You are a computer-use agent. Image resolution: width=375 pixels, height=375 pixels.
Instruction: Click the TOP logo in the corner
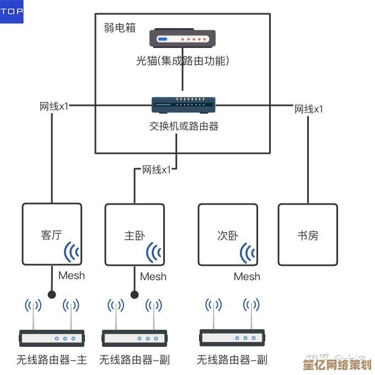coord(12,12)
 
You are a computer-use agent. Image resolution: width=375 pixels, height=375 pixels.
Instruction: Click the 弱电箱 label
coord(120,28)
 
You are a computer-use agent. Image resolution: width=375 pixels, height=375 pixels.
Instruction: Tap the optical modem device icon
coord(183,39)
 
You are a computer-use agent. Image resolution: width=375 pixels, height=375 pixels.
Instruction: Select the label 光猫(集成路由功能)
coord(183,61)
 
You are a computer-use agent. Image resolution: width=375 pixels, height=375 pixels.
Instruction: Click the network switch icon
coord(183,104)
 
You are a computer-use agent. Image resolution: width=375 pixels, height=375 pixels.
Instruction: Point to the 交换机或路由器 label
coord(184,126)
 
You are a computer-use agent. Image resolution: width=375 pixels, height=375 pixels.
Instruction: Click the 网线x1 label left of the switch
coord(54,106)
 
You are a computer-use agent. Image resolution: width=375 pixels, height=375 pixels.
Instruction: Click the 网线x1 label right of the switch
coord(309,109)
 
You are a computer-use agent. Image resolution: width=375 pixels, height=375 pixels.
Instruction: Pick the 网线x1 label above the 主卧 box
coord(157,169)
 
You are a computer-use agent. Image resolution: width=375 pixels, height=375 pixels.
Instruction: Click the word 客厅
coord(51,235)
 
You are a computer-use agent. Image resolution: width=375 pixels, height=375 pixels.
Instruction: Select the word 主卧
coord(135,235)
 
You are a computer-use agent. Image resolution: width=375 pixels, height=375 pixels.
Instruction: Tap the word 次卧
coord(228,235)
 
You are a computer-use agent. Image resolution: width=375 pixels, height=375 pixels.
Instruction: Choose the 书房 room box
coord(307,234)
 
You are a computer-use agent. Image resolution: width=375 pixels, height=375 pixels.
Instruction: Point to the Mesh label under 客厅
coord(72,275)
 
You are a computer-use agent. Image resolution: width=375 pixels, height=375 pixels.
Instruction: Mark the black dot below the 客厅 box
coord(52,294)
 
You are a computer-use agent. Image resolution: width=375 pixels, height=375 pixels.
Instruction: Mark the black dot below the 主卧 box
coord(134,294)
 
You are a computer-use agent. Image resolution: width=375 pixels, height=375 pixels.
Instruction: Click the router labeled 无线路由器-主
coord(52,337)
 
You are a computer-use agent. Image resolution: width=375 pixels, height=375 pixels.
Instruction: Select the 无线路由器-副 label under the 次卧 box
coord(232,360)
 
